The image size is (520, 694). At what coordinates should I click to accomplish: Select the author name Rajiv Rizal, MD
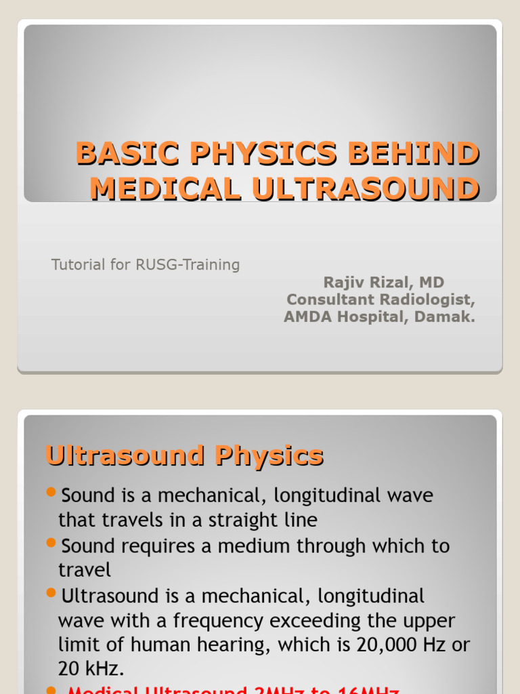[384, 283]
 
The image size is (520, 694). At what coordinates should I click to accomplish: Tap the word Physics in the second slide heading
[269, 455]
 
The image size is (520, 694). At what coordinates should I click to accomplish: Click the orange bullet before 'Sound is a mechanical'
[51, 492]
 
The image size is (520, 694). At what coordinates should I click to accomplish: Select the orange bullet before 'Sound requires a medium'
[51, 542]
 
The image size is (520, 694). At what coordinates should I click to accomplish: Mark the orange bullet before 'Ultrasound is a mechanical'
[51, 593]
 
